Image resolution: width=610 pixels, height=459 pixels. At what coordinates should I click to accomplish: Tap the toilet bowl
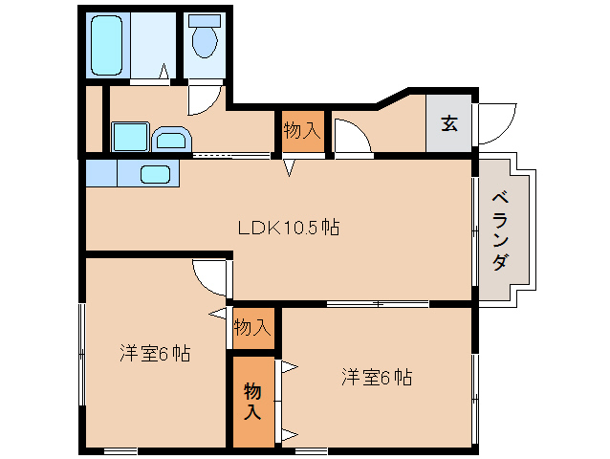tap(204, 40)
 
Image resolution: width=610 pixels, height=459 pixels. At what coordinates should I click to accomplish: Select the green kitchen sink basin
tap(156, 174)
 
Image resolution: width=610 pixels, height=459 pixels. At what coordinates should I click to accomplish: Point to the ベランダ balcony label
tap(499, 230)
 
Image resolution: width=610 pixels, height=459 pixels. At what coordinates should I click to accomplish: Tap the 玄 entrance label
tap(448, 122)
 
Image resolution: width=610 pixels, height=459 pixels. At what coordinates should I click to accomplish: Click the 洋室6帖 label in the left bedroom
tap(155, 353)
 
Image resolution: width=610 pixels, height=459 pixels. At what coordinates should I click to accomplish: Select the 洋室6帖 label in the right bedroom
tap(377, 377)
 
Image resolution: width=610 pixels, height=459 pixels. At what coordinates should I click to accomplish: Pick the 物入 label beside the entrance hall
tap(301, 130)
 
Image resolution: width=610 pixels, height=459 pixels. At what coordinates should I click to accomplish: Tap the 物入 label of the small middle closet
tap(252, 327)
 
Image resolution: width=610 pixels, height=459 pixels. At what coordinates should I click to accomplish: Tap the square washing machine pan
tap(130, 136)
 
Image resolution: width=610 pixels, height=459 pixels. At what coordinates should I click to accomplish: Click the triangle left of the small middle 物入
tap(217, 314)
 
